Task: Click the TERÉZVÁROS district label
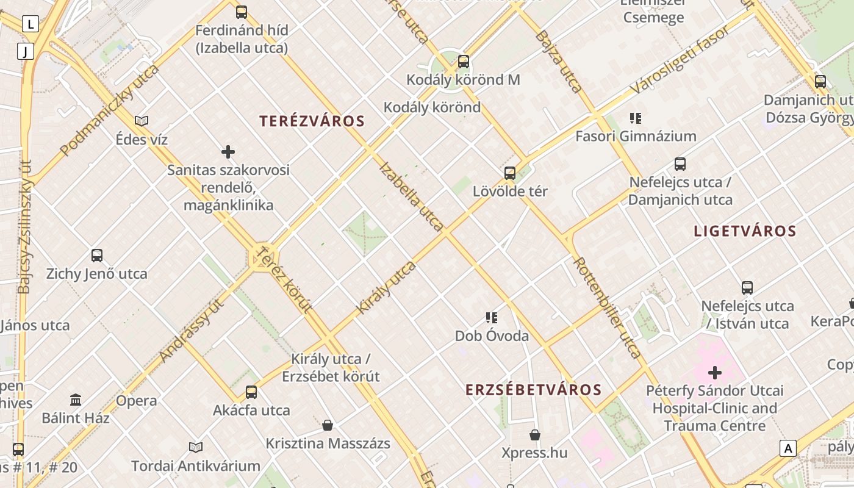[312, 121]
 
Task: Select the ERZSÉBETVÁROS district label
[534, 390]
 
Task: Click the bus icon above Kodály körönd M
[463, 61]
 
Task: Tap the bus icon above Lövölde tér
[510, 173]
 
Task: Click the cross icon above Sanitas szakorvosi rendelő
[228, 151]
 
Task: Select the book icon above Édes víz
[142, 121]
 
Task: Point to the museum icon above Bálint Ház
[76, 400]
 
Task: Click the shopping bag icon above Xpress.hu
[534, 434]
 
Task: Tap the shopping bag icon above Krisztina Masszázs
[328, 425]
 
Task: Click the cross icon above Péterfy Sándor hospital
[714, 372]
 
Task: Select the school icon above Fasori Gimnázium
[636, 118]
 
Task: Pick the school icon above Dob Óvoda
[492, 317]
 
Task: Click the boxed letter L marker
[30, 24]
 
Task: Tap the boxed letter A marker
[788, 448]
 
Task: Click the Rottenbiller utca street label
[606, 307]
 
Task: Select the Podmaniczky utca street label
[109, 109]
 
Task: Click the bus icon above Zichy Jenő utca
[96, 255]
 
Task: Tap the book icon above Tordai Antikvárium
[195, 447]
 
